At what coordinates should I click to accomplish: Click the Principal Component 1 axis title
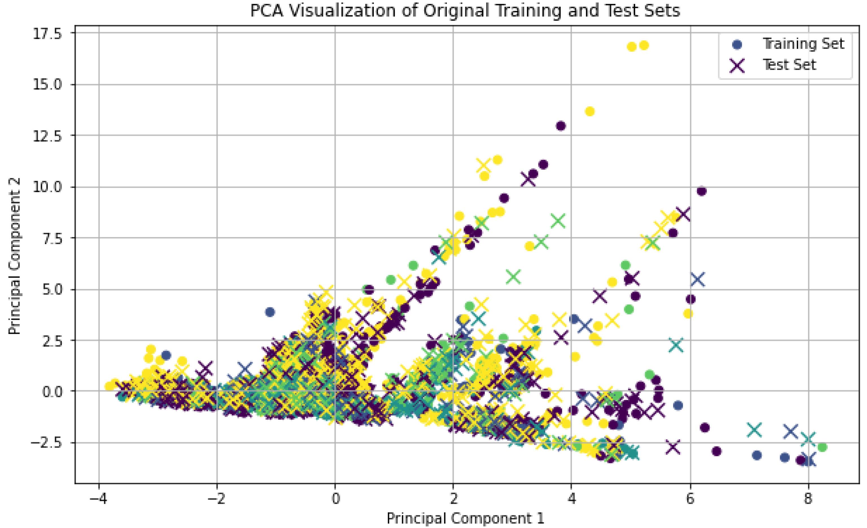(465, 518)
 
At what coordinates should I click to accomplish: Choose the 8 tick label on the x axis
(808, 498)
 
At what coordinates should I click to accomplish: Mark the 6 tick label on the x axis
(690, 498)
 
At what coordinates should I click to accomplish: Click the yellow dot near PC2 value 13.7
(590, 111)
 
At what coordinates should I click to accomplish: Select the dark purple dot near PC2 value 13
(561, 126)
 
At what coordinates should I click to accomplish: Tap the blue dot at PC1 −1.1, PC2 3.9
(270, 312)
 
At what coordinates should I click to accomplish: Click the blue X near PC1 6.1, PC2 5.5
(697, 280)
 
